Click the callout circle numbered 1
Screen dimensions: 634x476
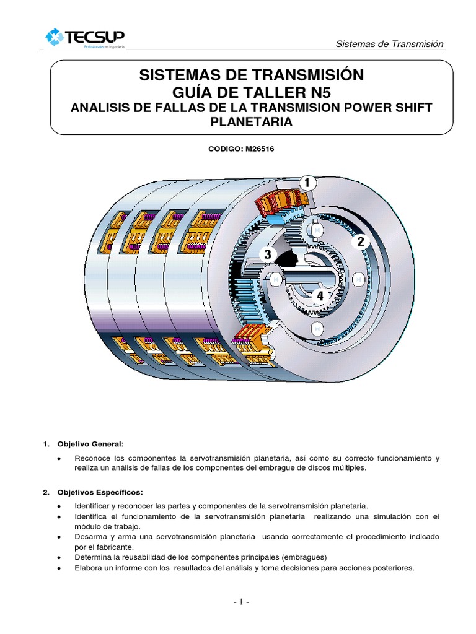tap(307, 183)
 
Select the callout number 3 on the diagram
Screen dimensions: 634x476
tap(267, 254)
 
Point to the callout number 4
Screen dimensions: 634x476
tap(320, 297)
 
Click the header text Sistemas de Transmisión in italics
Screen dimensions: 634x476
tap(389, 44)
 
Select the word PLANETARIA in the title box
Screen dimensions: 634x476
tap(252, 122)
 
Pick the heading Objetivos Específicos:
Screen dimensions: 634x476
tap(100, 492)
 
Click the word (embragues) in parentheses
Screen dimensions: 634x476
tap(304, 557)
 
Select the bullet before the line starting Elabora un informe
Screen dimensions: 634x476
tap(58, 567)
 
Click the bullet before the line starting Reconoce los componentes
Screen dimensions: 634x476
tap(58, 458)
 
